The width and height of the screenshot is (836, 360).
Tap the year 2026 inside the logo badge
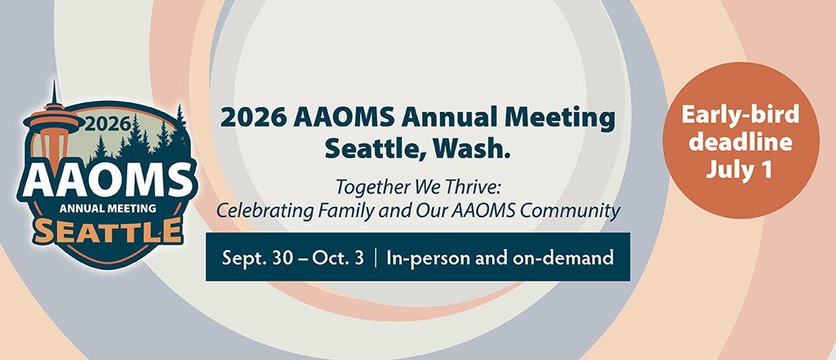pyautogui.click(x=108, y=123)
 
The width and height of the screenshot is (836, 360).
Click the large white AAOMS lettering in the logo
pyautogui.click(x=107, y=180)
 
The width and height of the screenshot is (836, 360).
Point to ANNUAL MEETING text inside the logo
pyautogui.click(x=108, y=208)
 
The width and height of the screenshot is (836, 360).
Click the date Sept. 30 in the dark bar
pyautogui.click(x=258, y=258)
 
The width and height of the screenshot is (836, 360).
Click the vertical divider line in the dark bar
pyautogui.click(x=376, y=258)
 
